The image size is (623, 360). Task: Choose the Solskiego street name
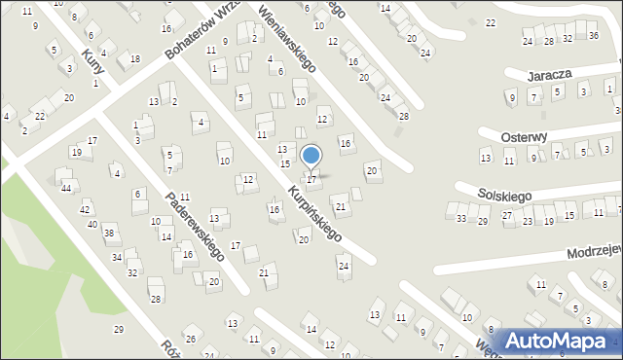tap(505, 196)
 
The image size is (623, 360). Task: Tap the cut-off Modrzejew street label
tap(595, 251)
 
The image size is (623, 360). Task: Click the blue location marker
tap(311, 156)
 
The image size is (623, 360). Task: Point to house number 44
tap(65, 188)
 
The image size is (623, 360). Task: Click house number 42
tap(85, 209)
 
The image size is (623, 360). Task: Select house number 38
tap(110, 233)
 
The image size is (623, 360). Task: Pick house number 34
tap(117, 257)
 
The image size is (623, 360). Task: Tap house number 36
tap(593, 35)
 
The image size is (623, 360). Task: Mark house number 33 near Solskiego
tap(461, 219)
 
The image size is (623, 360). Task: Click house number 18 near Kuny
tap(135, 59)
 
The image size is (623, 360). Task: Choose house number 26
tap(191, 339)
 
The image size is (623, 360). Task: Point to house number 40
tap(92, 225)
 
